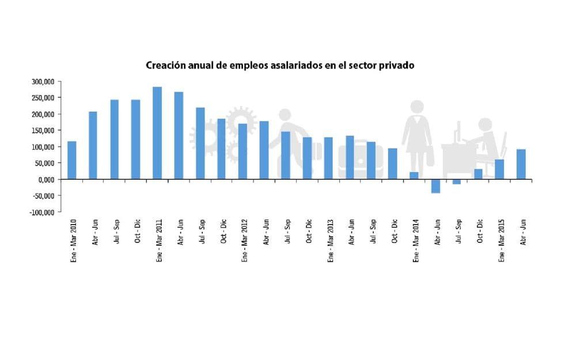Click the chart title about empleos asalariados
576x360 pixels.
[280, 66]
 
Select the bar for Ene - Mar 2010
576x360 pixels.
[71, 160]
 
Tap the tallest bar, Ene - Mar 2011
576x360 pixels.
[157, 133]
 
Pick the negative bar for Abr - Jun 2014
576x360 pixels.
[435, 186]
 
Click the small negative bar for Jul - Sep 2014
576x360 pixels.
[457, 181]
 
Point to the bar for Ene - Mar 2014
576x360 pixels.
[414, 176]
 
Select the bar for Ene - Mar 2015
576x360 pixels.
[499, 169]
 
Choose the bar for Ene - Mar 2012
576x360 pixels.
[242, 151]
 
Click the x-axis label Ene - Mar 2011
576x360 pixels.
[159, 239]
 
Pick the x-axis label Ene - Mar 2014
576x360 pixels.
[415, 239]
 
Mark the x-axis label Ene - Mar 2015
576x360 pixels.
[501, 239]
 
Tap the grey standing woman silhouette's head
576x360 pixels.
[417, 107]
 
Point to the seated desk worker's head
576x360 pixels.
[486, 124]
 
